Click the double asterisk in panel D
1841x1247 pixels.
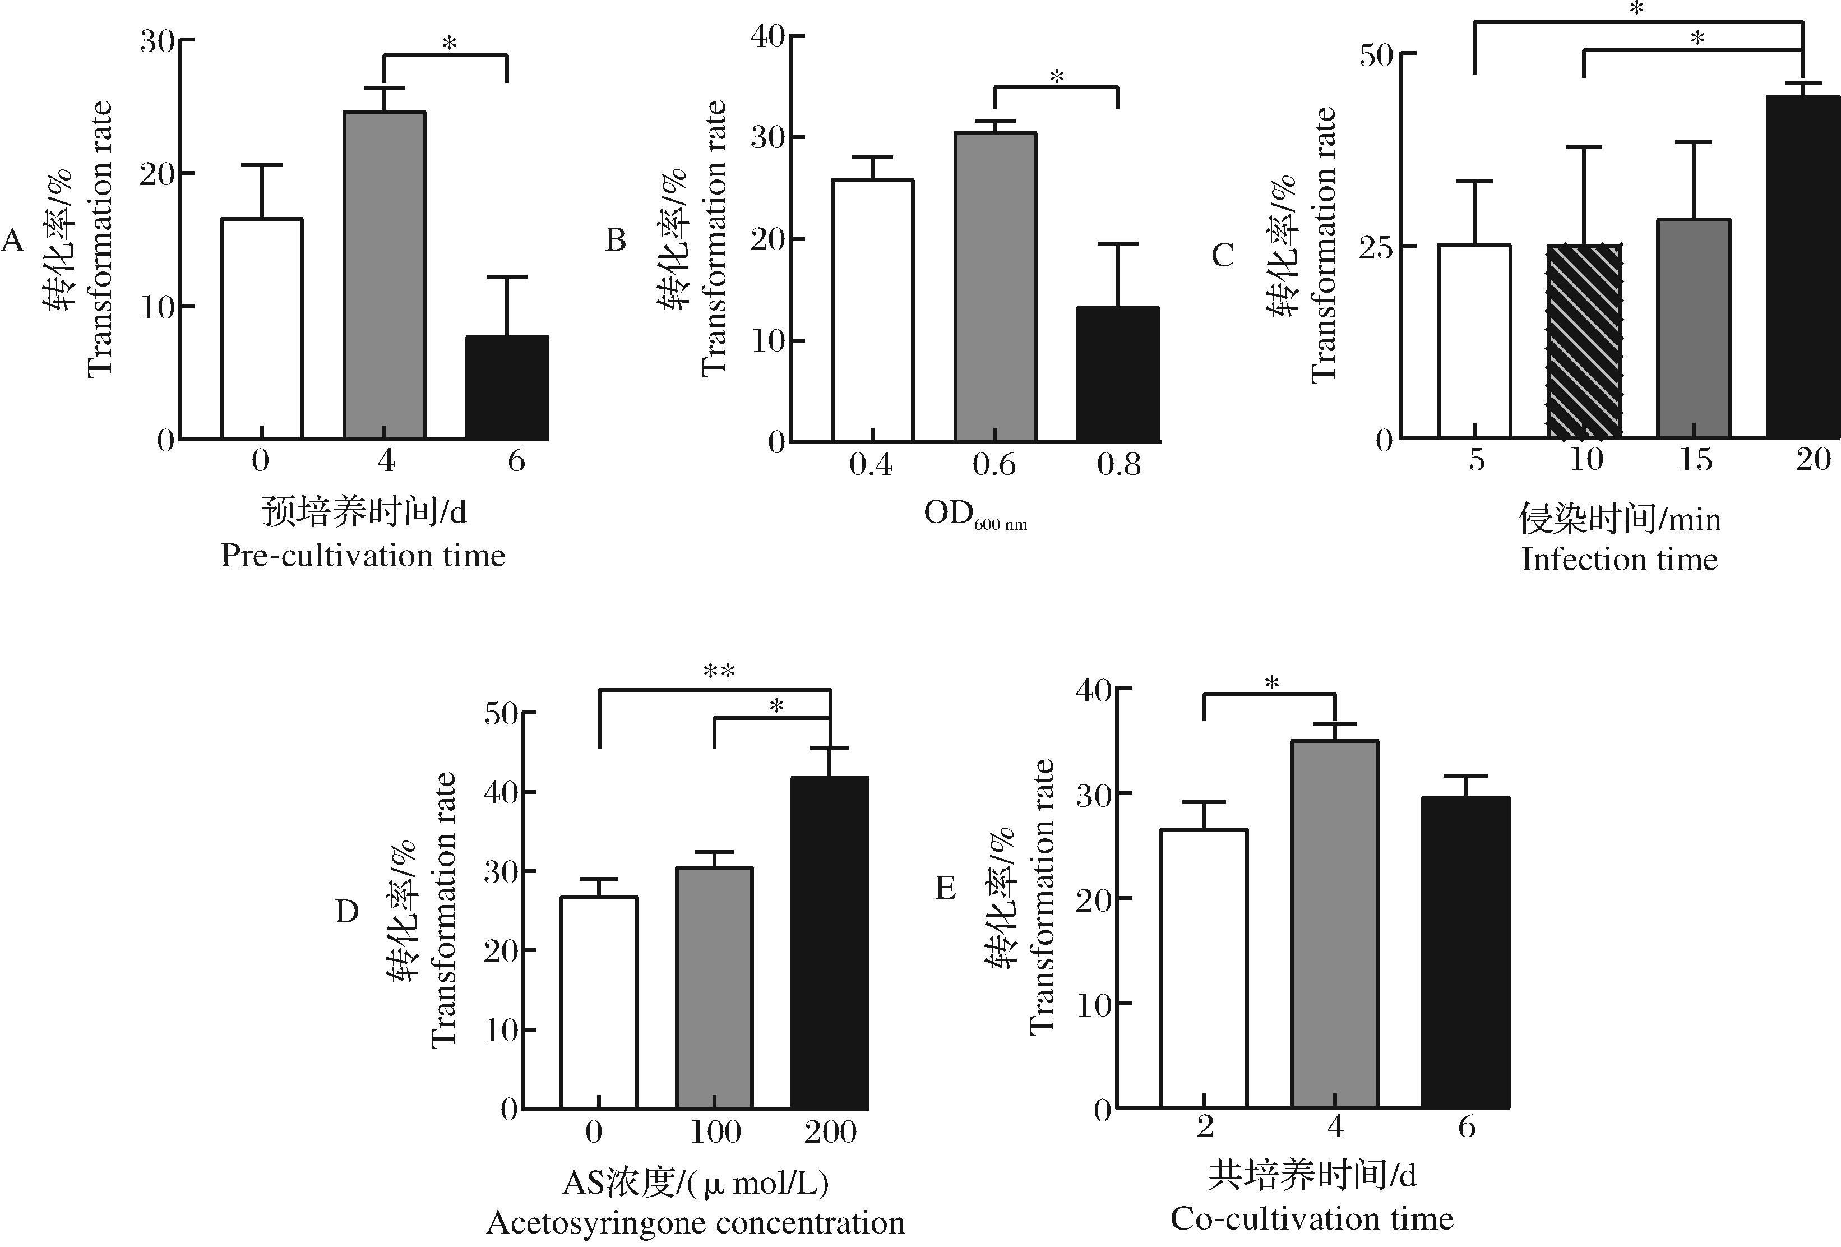(719, 672)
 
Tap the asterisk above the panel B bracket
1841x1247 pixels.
(1057, 77)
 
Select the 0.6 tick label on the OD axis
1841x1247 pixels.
(994, 465)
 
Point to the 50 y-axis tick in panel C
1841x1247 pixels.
(1376, 54)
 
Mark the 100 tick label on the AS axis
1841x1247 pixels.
(715, 1132)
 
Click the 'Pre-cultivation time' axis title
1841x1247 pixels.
(363, 556)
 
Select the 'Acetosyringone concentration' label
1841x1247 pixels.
(696, 1222)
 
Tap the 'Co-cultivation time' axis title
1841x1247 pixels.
(1312, 1218)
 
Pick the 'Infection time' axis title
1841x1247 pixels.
(1619, 560)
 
